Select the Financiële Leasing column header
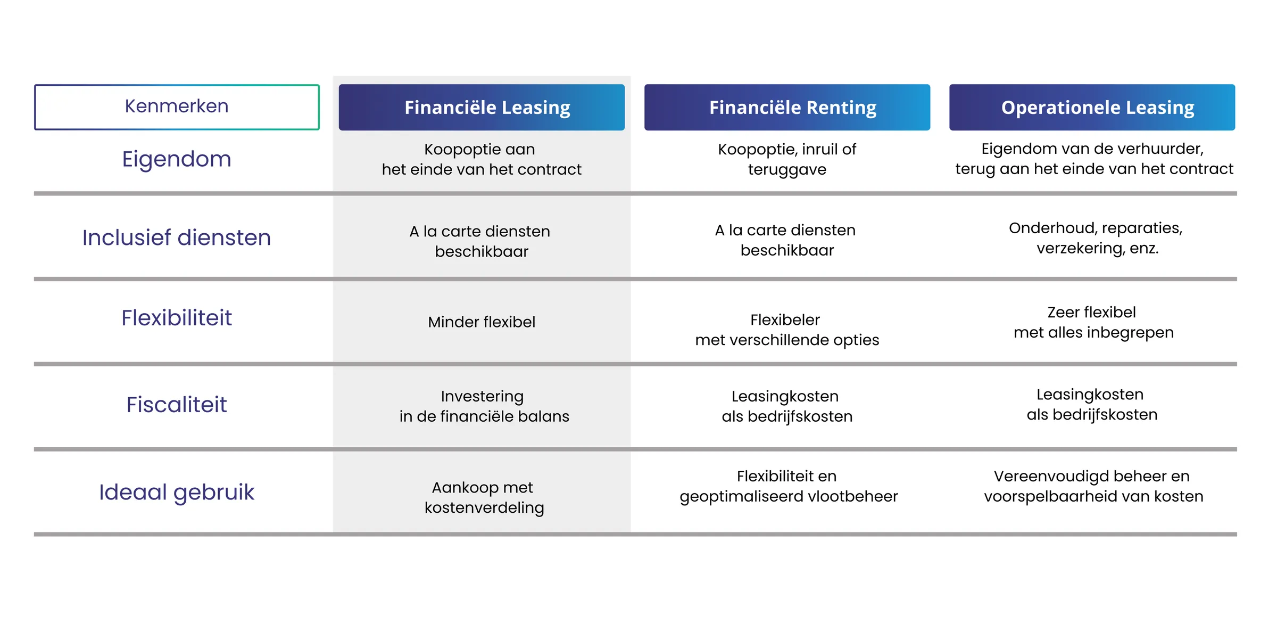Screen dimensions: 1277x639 coord(482,108)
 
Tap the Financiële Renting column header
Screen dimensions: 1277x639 coord(787,108)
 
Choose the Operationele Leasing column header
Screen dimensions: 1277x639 coord(1092,108)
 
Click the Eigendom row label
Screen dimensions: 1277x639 coord(177,159)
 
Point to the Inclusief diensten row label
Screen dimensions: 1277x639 coord(177,237)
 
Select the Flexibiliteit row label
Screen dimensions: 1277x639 coord(177,318)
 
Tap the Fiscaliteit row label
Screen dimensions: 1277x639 coord(177,405)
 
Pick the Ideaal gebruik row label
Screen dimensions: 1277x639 coord(177,493)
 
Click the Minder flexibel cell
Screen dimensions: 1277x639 coord(482,322)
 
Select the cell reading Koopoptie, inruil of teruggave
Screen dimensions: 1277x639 coord(787,159)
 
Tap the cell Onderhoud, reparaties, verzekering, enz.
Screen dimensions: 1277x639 coord(1096,238)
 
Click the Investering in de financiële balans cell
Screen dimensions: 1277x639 coord(484,406)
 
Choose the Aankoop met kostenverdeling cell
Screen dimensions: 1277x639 coord(484,497)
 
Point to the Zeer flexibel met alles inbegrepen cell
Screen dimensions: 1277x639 coord(1093,322)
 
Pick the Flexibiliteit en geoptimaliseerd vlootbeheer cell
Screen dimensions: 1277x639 coord(789,486)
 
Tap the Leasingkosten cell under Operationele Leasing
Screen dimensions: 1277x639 coord(1092,404)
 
